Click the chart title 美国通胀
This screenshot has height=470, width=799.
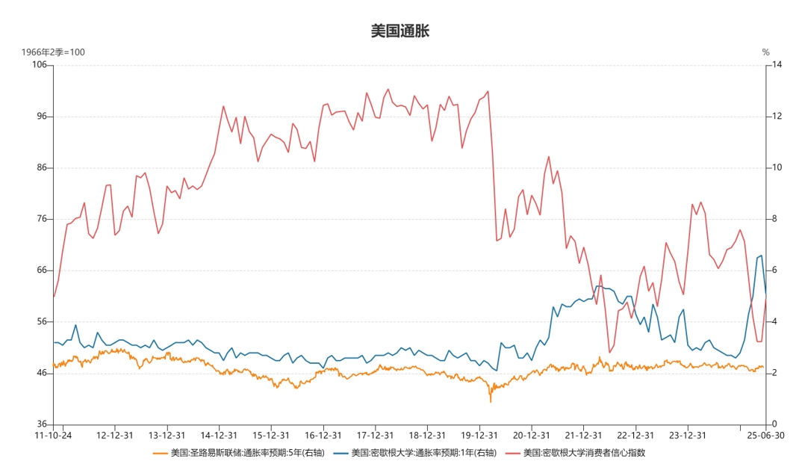[399, 31]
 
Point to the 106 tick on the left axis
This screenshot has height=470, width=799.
[39, 65]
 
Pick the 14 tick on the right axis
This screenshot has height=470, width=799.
[777, 65]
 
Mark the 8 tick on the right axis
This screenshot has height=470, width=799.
[774, 219]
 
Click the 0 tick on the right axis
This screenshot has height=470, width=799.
[774, 424]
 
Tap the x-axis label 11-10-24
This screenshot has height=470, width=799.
[54, 435]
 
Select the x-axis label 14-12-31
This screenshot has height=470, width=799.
[220, 435]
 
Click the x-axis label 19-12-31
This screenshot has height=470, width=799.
[479, 435]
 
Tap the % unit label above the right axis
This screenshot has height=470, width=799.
[766, 52]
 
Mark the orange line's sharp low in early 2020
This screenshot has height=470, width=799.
[491, 402]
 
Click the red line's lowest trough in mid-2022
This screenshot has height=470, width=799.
[609, 353]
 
